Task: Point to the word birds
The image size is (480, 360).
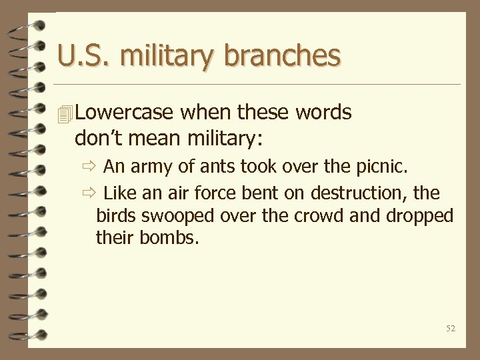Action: pos(116,215)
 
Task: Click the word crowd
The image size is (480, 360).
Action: pos(318,215)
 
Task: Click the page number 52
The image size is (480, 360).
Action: pos(451,329)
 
